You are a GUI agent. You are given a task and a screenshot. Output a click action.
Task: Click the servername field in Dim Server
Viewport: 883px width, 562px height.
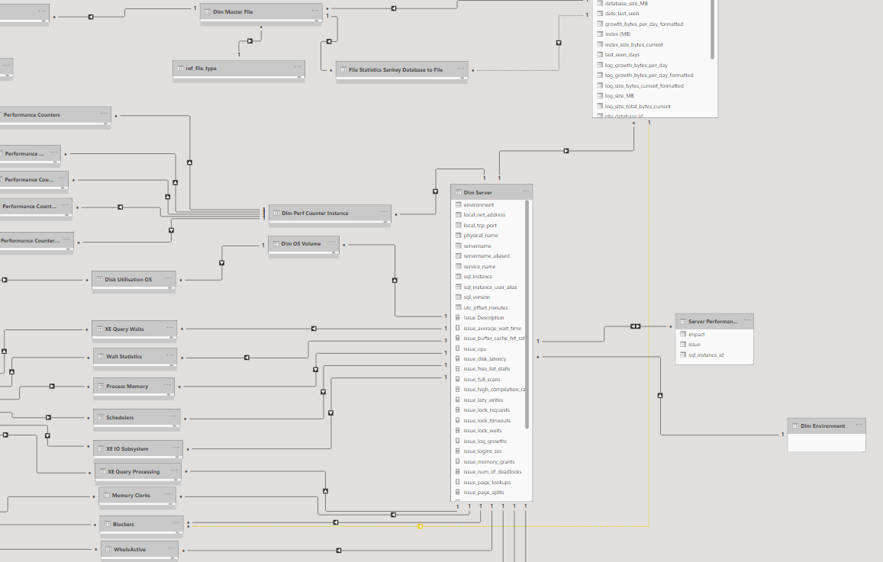[478, 246]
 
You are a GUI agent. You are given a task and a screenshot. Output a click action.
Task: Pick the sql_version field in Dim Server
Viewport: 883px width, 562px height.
[478, 297]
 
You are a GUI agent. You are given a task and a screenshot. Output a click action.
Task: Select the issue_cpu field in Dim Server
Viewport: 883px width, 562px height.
[475, 348]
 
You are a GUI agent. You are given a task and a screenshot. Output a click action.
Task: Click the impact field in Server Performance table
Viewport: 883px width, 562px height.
[696, 335]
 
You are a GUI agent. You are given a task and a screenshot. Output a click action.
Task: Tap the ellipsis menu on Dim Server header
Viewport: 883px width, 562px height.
[525, 192]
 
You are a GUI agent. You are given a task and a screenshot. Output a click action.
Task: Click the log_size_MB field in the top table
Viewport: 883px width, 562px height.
[619, 96]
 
